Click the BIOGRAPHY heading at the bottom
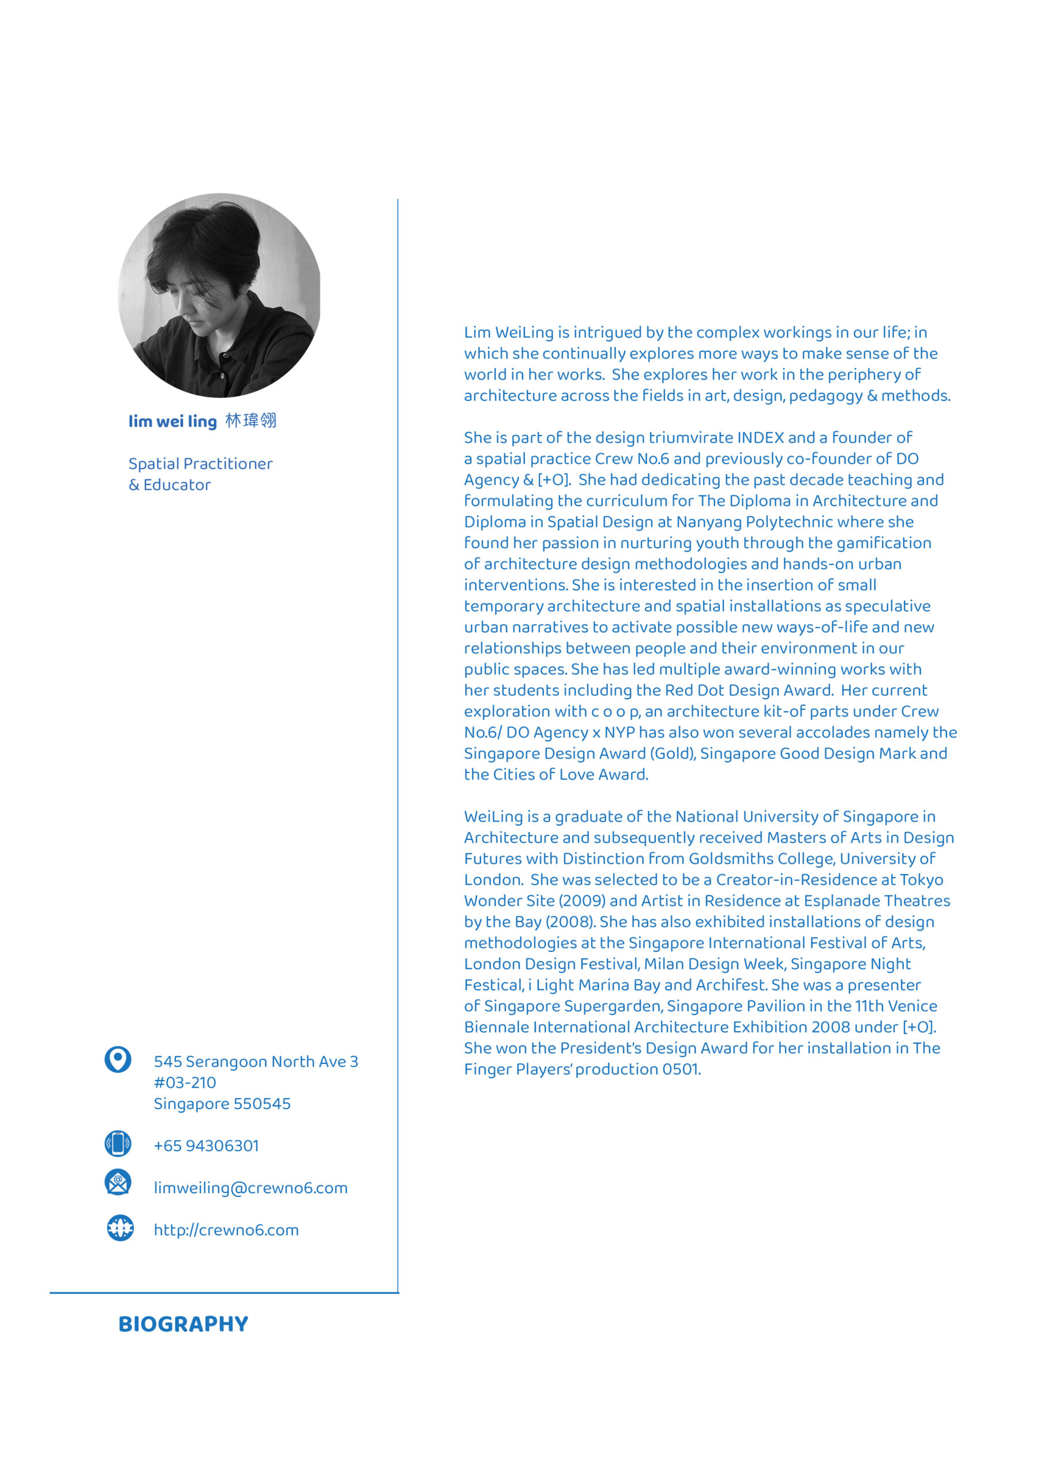click(x=183, y=1324)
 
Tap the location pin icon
click(x=118, y=1059)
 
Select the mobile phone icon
click(x=118, y=1143)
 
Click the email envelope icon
click(x=118, y=1182)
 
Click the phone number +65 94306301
click(x=206, y=1146)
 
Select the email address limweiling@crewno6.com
click(x=250, y=1187)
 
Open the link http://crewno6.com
click(x=226, y=1230)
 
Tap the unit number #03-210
click(x=185, y=1083)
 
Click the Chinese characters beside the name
click(x=251, y=421)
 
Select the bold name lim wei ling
click(x=172, y=421)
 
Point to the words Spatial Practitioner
click(x=200, y=464)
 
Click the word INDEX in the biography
click(x=760, y=438)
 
